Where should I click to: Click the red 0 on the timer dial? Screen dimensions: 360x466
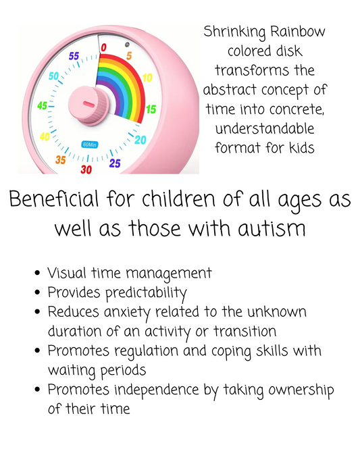(103, 47)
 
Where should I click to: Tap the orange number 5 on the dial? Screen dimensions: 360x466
(129, 55)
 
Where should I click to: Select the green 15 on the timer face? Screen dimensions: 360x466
(151, 109)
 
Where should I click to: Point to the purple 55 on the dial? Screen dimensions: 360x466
(74, 55)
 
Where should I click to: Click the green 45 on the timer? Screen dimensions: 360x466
(42, 105)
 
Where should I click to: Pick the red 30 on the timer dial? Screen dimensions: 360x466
(86, 170)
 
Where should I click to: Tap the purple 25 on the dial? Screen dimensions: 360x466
(115, 163)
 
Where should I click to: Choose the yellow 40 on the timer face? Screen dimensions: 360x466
(45, 136)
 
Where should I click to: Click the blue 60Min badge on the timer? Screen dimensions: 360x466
(89, 145)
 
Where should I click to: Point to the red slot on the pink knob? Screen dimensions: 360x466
(88, 104)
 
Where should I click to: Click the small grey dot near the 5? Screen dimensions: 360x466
(127, 45)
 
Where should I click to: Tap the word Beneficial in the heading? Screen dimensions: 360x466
(54, 199)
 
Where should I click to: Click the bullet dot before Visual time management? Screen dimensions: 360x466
(37, 273)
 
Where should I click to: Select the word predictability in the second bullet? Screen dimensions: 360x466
(147, 293)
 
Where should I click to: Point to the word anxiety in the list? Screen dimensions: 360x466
(127, 313)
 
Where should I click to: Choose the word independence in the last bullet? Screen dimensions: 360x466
(157, 390)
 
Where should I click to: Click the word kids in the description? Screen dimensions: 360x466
(302, 148)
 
